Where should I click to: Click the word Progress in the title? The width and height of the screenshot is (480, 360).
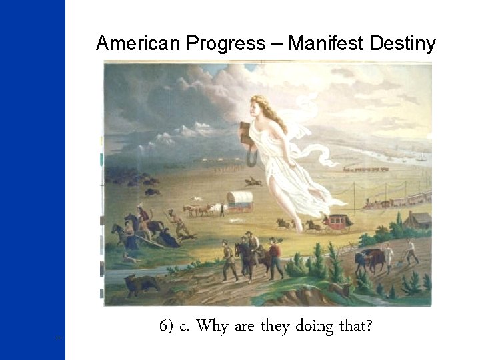tap(226, 44)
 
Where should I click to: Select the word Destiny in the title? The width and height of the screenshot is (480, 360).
tap(404, 44)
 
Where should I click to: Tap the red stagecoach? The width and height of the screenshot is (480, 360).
tap(337, 221)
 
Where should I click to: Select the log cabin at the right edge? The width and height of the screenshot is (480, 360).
tap(419, 219)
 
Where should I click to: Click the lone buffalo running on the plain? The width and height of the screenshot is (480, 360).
tap(251, 181)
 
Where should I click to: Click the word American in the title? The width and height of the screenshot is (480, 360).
tap(137, 44)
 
